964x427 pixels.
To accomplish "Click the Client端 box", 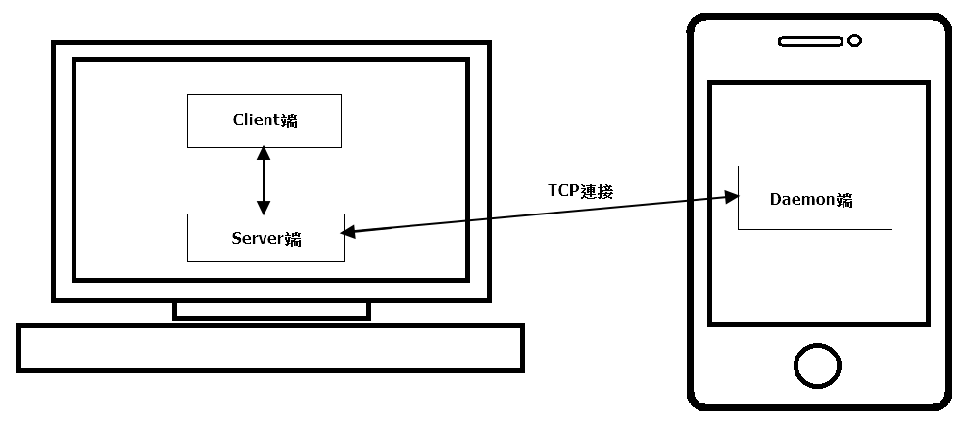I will pyautogui.click(x=265, y=120).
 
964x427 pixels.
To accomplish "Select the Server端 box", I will pyautogui.click(x=265, y=238).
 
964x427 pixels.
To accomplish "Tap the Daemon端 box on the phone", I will pyautogui.click(x=814, y=198).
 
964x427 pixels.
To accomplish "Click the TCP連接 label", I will pyautogui.click(x=580, y=191).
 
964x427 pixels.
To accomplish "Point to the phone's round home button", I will pyautogui.click(x=817, y=366).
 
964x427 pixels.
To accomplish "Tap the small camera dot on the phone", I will pyautogui.click(x=854, y=41).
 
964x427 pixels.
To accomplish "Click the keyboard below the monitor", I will pyautogui.click(x=270, y=348).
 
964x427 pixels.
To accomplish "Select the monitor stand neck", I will pyautogui.click(x=271, y=309).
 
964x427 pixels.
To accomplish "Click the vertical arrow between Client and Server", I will pyautogui.click(x=263, y=180).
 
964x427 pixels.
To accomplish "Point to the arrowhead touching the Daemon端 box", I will pyautogui.click(x=730, y=196).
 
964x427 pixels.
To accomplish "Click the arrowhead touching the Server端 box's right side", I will pyautogui.click(x=348, y=232).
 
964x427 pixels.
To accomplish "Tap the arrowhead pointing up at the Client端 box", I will pyautogui.click(x=263, y=153).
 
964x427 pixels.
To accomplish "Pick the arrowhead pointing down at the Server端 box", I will pyautogui.click(x=263, y=208).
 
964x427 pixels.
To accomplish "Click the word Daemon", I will pyautogui.click(x=802, y=199).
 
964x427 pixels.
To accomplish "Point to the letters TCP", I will pyautogui.click(x=562, y=191).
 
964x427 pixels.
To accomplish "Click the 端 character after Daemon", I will pyautogui.click(x=844, y=200).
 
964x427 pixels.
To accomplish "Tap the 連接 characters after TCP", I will pyautogui.click(x=597, y=191).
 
